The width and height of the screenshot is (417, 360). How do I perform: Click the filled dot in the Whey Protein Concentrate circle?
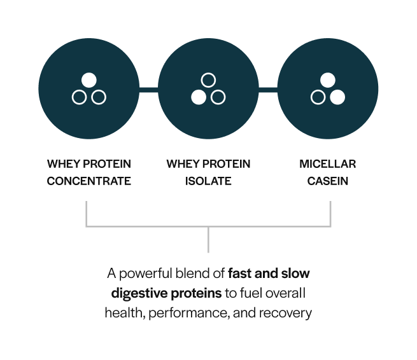click(x=89, y=80)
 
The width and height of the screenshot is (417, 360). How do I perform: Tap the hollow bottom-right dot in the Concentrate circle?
click(x=99, y=97)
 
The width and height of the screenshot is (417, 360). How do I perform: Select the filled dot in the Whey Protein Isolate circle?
click(x=198, y=97)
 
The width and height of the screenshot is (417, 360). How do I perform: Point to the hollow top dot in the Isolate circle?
click(x=208, y=80)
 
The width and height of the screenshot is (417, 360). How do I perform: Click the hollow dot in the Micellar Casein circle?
click(x=318, y=97)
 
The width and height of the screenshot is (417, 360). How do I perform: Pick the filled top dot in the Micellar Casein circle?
click(x=327, y=80)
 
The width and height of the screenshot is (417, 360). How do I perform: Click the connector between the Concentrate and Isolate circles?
click(x=148, y=89)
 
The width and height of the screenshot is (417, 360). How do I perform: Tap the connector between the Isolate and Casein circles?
click(x=268, y=89)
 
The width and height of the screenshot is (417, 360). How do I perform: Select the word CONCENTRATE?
click(x=89, y=181)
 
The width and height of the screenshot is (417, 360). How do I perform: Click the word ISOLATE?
click(x=208, y=181)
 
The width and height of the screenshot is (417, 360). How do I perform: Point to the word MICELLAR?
click(x=328, y=164)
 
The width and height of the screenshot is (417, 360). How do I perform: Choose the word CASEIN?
click(x=328, y=181)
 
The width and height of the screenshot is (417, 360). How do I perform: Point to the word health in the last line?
click(x=122, y=313)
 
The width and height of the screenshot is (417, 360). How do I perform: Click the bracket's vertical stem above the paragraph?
click(x=208, y=240)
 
